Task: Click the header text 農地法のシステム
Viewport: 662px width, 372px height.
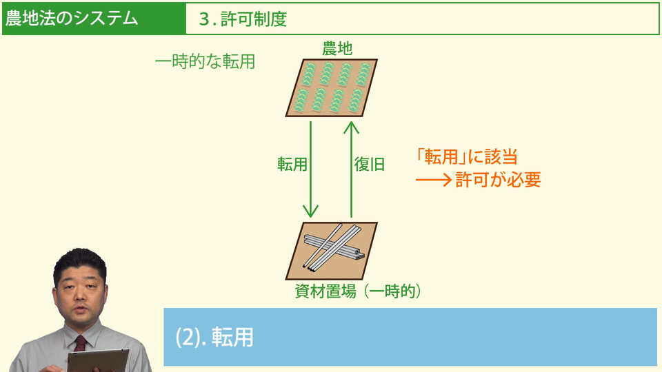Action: click(x=72, y=19)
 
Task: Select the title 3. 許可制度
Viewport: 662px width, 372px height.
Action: click(x=242, y=19)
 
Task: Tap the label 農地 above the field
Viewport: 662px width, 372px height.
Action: click(x=337, y=49)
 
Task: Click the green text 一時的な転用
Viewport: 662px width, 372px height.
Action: click(x=205, y=62)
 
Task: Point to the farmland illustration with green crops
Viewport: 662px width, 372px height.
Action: click(x=332, y=87)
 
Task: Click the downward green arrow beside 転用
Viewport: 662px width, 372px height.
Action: click(x=312, y=169)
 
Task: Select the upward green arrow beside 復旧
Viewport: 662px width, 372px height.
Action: click(x=351, y=169)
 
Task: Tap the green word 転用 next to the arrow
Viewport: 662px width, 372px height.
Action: click(x=292, y=164)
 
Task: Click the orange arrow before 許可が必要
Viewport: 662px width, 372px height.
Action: click(x=433, y=180)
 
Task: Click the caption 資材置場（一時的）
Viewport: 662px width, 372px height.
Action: click(x=357, y=291)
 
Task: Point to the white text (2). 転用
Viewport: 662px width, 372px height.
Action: click(x=214, y=337)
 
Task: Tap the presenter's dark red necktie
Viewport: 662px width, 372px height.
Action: click(x=80, y=342)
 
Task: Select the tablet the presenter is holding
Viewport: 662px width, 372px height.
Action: click(x=97, y=360)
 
